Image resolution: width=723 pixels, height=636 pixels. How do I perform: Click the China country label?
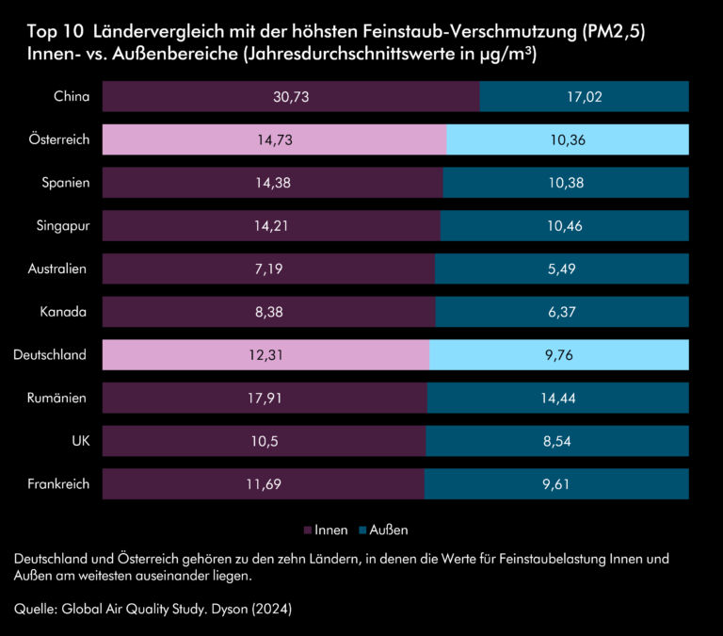72,96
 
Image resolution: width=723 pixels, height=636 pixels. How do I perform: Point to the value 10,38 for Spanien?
566,183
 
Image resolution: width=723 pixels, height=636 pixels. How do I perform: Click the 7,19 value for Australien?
269,269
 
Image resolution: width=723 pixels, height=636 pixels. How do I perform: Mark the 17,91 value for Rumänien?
265,399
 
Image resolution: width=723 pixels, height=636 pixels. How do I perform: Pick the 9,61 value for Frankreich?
556,484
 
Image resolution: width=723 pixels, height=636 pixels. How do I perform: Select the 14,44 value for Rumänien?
557,399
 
